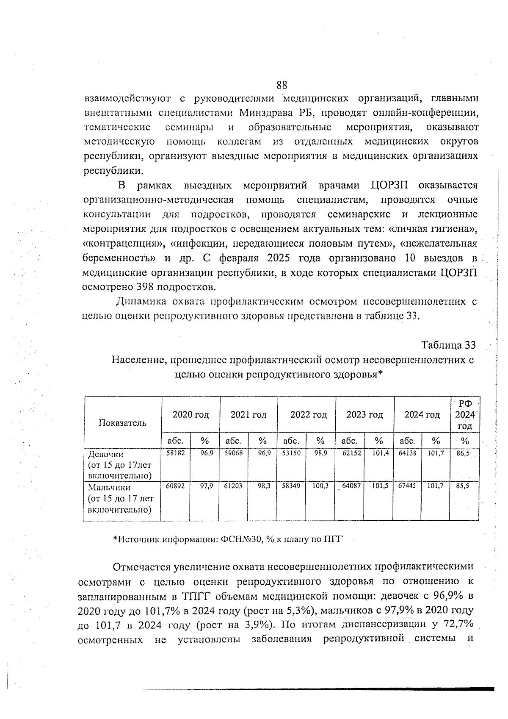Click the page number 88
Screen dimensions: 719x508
click(282, 85)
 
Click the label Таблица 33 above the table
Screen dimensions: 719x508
click(448, 345)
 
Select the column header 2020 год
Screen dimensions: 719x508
click(190, 415)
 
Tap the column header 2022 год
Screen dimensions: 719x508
click(308, 415)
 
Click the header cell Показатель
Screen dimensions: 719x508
click(123, 422)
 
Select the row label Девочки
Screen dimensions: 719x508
click(105, 455)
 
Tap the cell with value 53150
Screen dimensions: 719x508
click(291, 453)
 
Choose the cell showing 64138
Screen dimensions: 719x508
click(407, 453)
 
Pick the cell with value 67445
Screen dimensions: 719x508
click(407, 486)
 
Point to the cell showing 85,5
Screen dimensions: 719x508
click(462, 486)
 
